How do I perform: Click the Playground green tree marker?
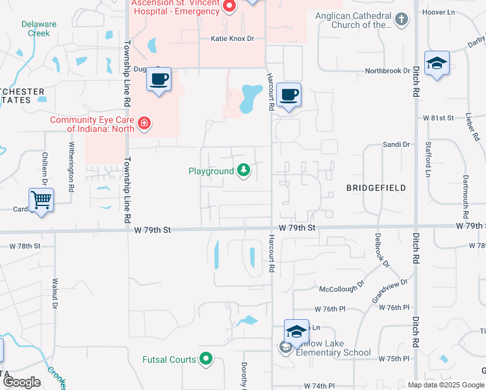(244, 171)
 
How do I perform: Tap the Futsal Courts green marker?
(206, 358)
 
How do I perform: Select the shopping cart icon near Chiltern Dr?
(41, 200)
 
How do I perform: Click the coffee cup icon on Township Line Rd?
(159, 81)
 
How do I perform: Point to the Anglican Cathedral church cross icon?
(402, 20)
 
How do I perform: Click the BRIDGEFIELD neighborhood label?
(376, 188)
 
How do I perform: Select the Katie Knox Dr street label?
(232, 39)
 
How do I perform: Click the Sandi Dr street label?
(396, 144)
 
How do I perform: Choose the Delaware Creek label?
(39, 29)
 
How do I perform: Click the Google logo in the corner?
(22, 382)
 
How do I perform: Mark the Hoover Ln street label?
(456, 12)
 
